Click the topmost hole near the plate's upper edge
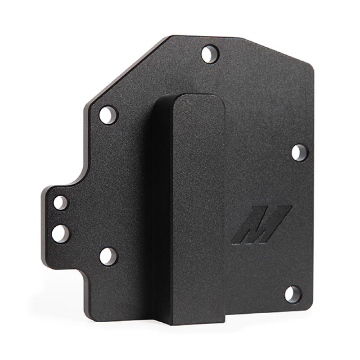[x=208, y=54]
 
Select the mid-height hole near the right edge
[x=298, y=152]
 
